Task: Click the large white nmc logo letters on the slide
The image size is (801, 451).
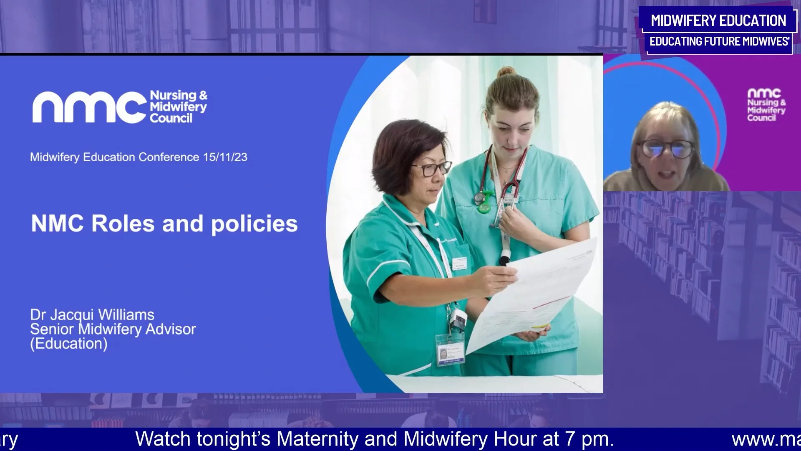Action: [89, 107]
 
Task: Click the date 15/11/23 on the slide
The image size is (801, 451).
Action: [225, 157]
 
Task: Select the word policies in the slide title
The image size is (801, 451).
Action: [254, 224]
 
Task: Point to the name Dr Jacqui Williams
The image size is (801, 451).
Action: [92, 314]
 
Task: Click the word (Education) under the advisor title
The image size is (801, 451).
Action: [69, 344]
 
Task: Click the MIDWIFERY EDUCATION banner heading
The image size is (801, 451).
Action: [718, 20]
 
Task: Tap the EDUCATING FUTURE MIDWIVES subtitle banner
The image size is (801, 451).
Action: [719, 41]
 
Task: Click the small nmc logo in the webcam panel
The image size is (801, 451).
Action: [766, 105]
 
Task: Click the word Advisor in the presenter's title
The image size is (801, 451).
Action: [171, 329]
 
